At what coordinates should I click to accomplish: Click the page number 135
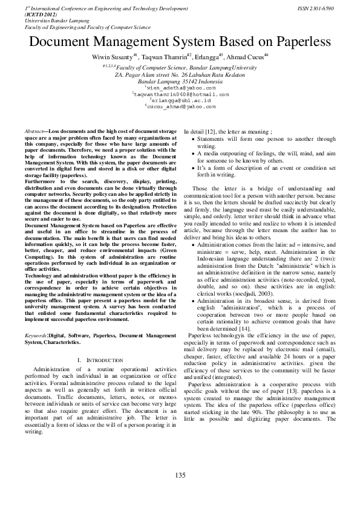click(x=180, y=476)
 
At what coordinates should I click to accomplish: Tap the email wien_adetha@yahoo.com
click(x=180, y=88)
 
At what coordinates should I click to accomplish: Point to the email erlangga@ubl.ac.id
click(x=180, y=100)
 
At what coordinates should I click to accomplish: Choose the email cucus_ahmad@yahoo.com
click(x=180, y=106)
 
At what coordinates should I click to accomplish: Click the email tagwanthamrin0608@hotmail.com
click(x=181, y=94)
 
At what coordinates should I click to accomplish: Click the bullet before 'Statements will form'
click(x=193, y=138)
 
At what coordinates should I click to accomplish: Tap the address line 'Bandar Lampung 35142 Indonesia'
click(x=180, y=81)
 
